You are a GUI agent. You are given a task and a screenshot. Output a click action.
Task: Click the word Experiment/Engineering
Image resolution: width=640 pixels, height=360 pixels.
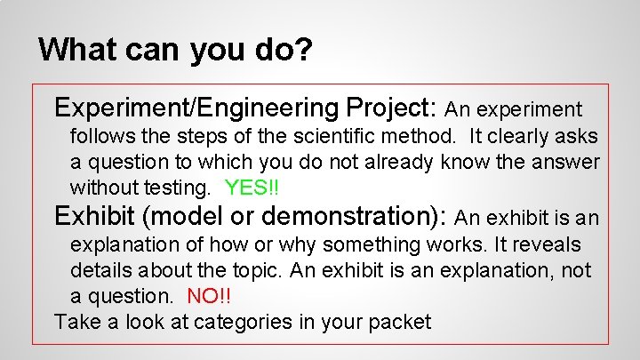click(x=196, y=108)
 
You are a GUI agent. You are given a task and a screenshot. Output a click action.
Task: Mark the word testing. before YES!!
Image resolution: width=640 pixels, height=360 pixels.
click(x=180, y=188)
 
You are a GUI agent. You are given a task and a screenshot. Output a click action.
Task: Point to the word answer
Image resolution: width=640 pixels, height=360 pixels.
click(x=568, y=163)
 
